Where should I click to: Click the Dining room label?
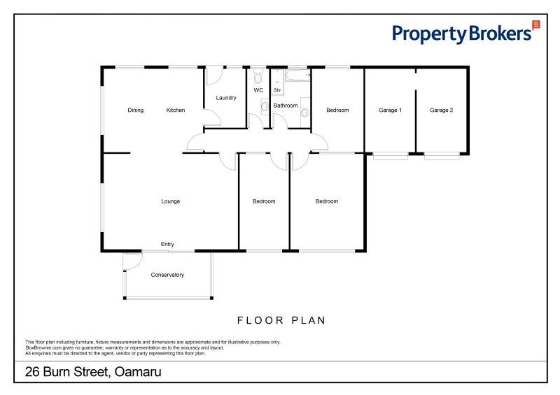pyautogui.click(x=135, y=110)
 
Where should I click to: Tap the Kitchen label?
pyautogui.click(x=176, y=110)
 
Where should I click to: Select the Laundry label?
pyautogui.click(x=226, y=98)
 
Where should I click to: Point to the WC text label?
pyautogui.click(x=258, y=90)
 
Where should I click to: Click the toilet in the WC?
pyautogui.click(x=258, y=76)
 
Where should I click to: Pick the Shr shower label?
pyautogui.click(x=277, y=90)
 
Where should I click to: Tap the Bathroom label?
pyautogui.click(x=286, y=106)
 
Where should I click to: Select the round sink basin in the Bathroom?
pyautogui.click(x=305, y=112)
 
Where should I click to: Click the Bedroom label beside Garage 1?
pyautogui.click(x=337, y=110)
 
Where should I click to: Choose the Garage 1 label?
pyautogui.click(x=390, y=110)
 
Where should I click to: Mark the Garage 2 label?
pyautogui.click(x=442, y=110)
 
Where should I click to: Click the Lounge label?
pyautogui.click(x=171, y=201)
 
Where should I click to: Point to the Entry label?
pyautogui.click(x=167, y=244)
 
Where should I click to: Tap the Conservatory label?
pyautogui.click(x=167, y=275)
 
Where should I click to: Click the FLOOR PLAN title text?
pyautogui.click(x=281, y=321)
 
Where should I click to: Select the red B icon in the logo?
pyautogui.click(x=536, y=24)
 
